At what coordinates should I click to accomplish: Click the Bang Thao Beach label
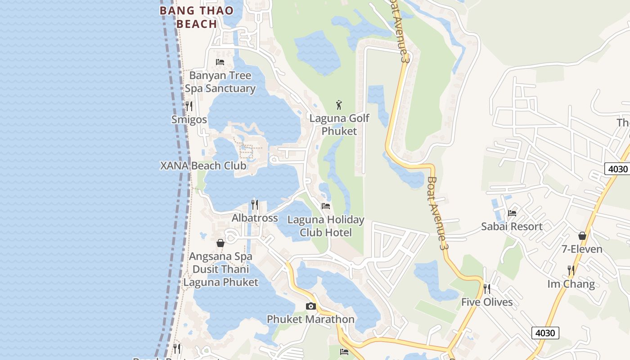tap(197, 17)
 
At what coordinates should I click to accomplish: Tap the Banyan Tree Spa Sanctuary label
tap(220, 82)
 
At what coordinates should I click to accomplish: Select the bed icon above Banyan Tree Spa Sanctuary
tap(220, 62)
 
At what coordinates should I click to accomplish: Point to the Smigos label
tap(189, 120)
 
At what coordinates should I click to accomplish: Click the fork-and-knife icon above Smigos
tap(189, 106)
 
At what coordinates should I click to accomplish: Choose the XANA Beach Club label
tap(203, 166)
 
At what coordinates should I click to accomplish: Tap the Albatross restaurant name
tap(255, 218)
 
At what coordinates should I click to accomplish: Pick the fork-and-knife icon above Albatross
tap(255, 205)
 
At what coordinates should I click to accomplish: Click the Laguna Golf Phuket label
tap(339, 125)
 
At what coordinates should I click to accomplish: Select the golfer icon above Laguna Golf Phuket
tap(339, 105)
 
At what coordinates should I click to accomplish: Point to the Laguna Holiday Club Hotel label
tap(326, 226)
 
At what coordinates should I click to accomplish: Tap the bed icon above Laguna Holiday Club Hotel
tap(326, 206)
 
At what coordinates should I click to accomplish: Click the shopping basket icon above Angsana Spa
tap(220, 243)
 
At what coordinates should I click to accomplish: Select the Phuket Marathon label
tap(310, 319)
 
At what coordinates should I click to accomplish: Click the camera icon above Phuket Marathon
tap(310, 306)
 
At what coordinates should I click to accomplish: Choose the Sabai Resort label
tap(512, 226)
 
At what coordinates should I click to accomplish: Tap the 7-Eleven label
tap(582, 249)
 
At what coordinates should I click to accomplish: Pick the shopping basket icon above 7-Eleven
tap(582, 236)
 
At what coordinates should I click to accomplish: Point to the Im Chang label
tap(571, 284)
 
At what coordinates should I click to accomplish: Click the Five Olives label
tap(487, 302)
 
